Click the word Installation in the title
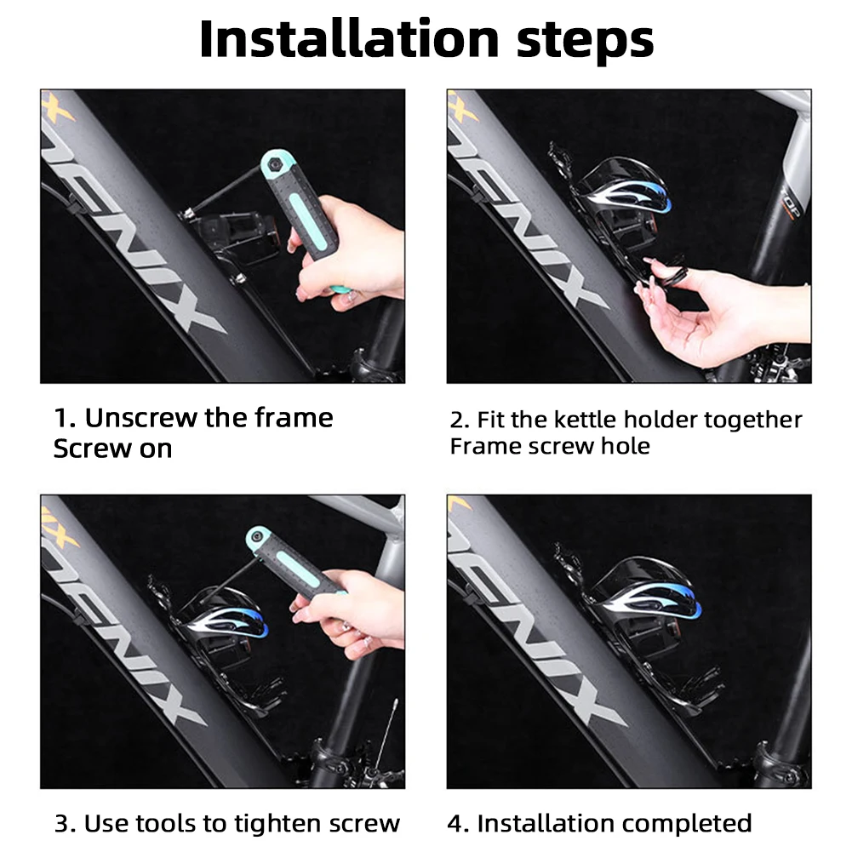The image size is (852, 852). point(349,39)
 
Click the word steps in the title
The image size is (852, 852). point(586,43)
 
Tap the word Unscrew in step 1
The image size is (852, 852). point(140,418)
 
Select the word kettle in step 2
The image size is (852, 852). point(586,420)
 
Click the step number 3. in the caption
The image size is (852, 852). point(66,824)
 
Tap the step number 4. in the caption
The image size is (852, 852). point(459,824)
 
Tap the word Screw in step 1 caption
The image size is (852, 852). point(93,449)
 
